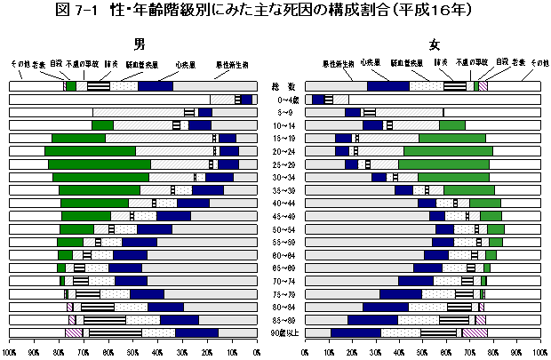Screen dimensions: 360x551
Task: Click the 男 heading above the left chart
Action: point(140,44)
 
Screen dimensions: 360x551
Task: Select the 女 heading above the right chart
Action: point(434,44)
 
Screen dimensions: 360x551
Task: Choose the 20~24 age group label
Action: point(283,152)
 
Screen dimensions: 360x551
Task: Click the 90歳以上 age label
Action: point(283,333)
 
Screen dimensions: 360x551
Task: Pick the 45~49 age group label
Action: point(283,217)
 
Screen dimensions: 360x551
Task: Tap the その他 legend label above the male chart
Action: point(20,65)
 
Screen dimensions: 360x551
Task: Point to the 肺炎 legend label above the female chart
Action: point(440,65)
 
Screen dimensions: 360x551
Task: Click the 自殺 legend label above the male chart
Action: point(56,65)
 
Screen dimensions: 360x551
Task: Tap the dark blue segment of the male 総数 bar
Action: point(156,86)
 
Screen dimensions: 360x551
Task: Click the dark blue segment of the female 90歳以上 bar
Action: point(355,333)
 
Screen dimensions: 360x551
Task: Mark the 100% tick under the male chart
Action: point(9,352)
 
